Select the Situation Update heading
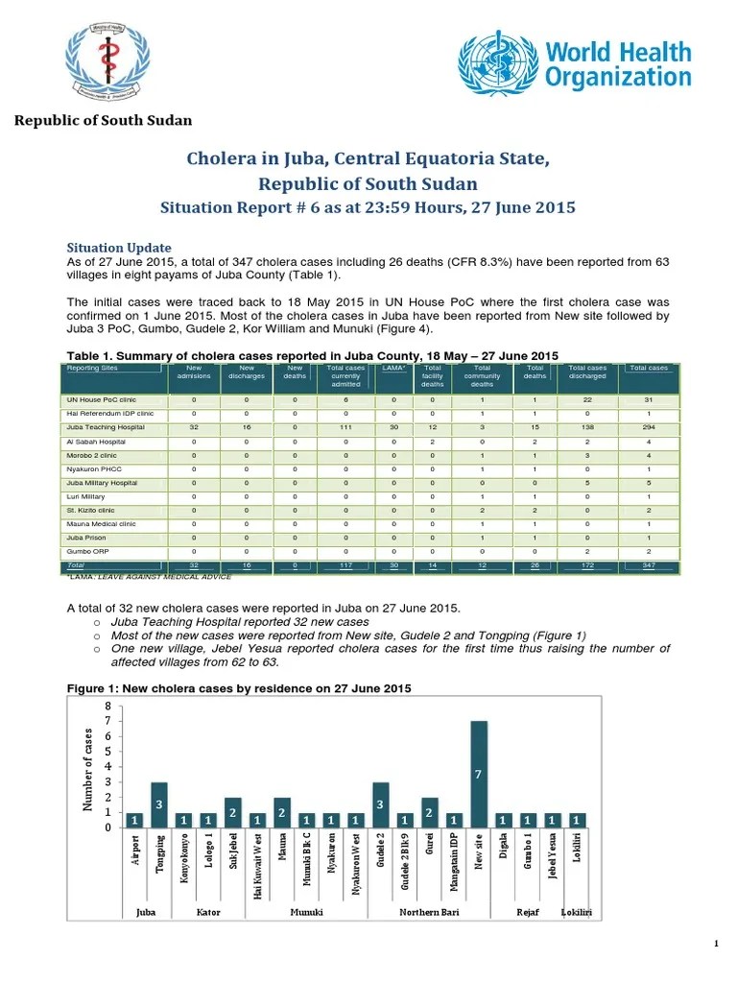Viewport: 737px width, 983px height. point(119,248)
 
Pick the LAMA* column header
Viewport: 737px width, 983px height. point(393,368)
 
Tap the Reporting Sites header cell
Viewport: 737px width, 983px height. point(93,368)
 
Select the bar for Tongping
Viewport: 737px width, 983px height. point(159,803)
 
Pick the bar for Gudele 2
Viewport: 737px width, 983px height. point(380,803)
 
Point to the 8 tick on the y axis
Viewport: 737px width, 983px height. point(107,706)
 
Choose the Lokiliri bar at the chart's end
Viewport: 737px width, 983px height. point(576,819)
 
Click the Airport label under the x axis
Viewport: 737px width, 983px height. point(135,853)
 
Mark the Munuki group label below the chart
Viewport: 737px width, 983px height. point(306,911)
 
